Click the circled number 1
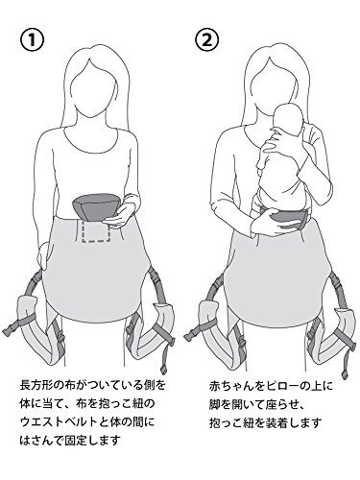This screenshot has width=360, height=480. click(x=32, y=40)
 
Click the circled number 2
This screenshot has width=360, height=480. click(x=206, y=40)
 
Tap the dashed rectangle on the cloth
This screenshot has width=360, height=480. click(x=96, y=230)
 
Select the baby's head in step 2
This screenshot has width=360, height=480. click(x=289, y=124)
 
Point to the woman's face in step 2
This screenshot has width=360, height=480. click(x=273, y=93)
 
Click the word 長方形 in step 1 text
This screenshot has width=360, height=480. click(x=36, y=384)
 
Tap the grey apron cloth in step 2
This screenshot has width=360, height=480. click(x=277, y=276)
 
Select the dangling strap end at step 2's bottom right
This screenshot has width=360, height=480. click(x=345, y=363)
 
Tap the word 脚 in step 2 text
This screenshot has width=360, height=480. click(x=215, y=404)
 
